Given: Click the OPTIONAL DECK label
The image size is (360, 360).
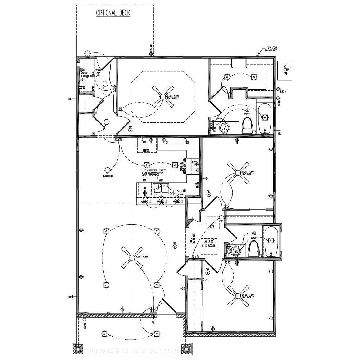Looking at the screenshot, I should point(113,13).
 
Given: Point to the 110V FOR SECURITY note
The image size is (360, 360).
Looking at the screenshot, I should point(271,49).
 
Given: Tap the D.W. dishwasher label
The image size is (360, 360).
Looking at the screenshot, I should point(144,180).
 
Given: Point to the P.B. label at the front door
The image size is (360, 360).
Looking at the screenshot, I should point(153,322).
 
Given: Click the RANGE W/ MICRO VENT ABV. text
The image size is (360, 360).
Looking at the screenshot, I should point(183,167).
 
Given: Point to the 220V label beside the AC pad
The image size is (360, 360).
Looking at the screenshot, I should point(283,91).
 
